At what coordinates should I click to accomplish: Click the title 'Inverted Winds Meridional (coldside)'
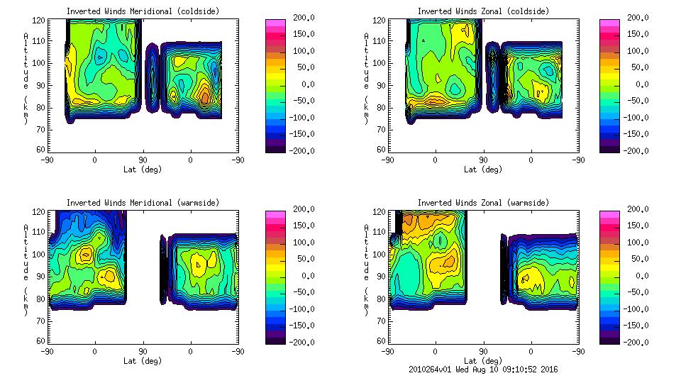click(x=143, y=11)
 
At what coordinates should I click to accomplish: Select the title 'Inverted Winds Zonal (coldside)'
click(x=483, y=11)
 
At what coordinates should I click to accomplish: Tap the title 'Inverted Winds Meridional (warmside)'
click(x=143, y=203)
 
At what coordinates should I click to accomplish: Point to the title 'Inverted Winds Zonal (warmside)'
click(x=483, y=203)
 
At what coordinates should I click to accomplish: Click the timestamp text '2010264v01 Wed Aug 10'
click(x=453, y=370)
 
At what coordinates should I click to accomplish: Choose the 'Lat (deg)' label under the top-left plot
click(x=143, y=170)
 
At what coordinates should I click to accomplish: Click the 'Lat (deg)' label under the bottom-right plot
click(x=483, y=361)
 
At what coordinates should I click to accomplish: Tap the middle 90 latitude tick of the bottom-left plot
click(x=143, y=351)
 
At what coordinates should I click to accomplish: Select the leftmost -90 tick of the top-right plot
click(x=388, y=160)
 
